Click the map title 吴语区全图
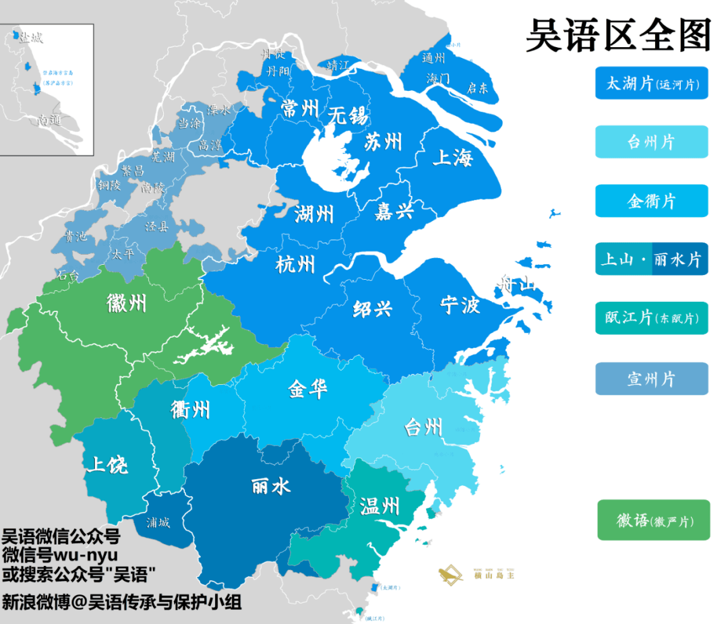tap(618, 36)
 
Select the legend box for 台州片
tap(651, 142)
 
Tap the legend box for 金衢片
tap(651, 201)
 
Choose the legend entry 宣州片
tap(651, 379)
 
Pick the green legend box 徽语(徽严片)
tap(653, 520)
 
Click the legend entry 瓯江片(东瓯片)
tap(651, 318)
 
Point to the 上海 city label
tap(452, 158)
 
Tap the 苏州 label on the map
tap(383, 142)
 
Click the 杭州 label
tap(295, 264)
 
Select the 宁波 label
tap(460, 305)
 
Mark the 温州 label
tap(380, 505)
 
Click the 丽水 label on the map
tap(271, 486)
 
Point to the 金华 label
tap(308, 389)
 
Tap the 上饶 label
tap(107, 464)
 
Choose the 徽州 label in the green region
tap(126, 303)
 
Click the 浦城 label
tap(158, 522)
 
